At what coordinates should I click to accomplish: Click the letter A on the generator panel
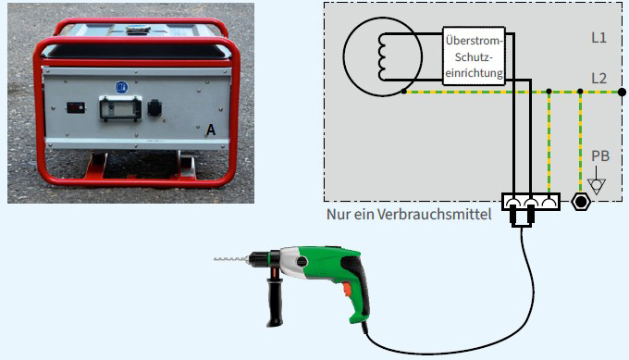pyautogui.click(x=211, y=132)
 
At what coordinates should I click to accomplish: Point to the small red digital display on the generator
pyautogui.click(x=73, y=109)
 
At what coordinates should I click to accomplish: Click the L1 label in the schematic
pyautogui.click(x=598, y=39)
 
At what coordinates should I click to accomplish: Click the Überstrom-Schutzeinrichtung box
pyautogui.click(x=475, y=55)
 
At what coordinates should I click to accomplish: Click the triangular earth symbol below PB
pyautogui.click(x=598, y=185)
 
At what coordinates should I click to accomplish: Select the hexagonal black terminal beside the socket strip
pyautogui.click(x=581, y=201)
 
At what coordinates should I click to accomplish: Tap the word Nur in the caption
pyautogui.click(x=338, y=215)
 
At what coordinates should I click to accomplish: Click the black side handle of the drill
pyautogui.click(x=275, y=302)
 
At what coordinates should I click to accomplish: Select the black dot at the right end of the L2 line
pyautogui.click(x=578, y=92)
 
